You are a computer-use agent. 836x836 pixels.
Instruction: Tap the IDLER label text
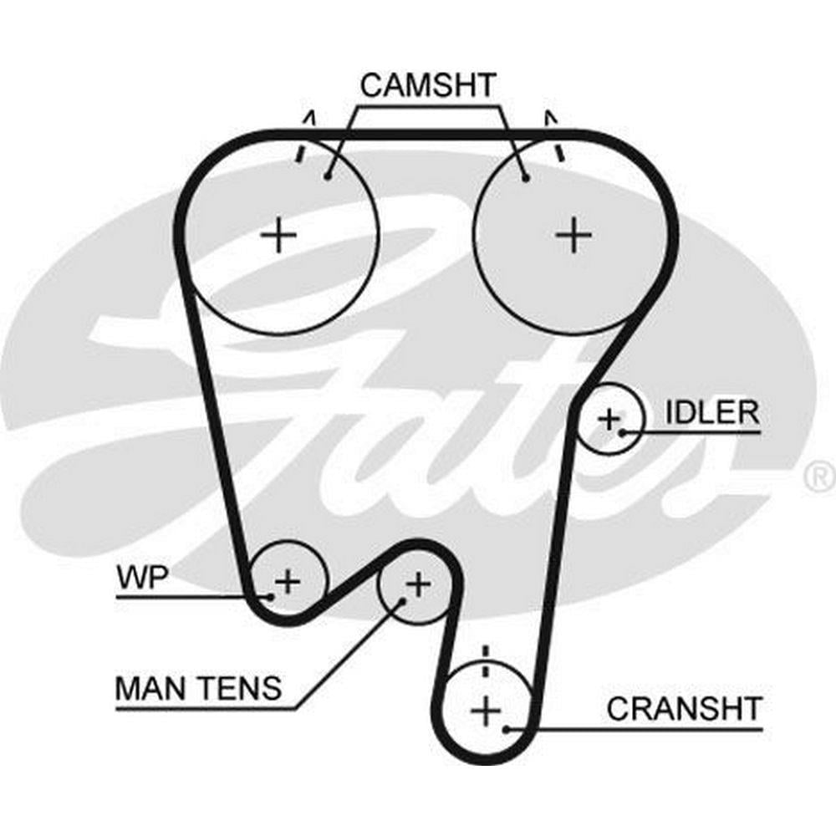pyautogui.click(x=712, y=411)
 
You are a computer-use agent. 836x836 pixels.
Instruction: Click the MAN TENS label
pyautogui.click(x=198, y=689)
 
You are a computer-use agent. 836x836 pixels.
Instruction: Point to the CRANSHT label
pyautogui.click(x=684, y=709)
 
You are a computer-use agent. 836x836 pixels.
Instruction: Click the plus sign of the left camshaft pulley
pyautogui.click(x=278, y=236)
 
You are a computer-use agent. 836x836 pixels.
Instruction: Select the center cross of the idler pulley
pyautogui.click(x=609, y=417)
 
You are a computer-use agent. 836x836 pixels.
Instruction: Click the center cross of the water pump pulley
pyautogui.click(x=287, y=580)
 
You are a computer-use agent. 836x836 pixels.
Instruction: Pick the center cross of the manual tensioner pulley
pyautogui.click(x=417, y=583)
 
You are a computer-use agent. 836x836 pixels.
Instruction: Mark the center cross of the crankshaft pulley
pyautogui.click(x=485, y=711)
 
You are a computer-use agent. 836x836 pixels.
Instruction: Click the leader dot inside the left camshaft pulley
pyautogui.click(x=328, y=176)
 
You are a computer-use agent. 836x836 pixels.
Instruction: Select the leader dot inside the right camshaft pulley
pyautogui.click(x=525, y=176)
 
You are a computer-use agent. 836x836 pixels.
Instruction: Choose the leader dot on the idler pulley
pyautogui.click(x=624, y=432)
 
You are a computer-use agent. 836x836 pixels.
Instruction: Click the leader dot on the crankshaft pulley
pyautogui.click(x=507, y=729)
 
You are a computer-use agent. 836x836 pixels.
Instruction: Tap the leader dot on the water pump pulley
pyautogui.click(x=270, y=596)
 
